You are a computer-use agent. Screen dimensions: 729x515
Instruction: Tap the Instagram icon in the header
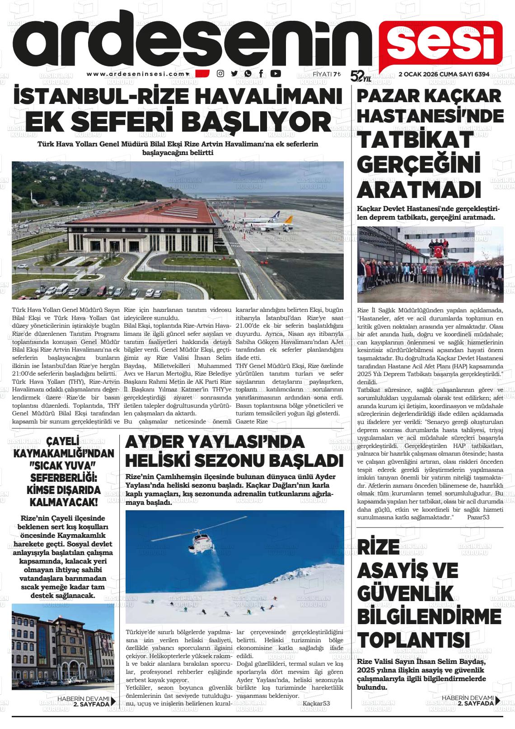220,74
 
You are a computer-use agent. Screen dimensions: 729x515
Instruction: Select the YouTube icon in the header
276,74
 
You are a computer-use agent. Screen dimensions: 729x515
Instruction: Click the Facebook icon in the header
261,74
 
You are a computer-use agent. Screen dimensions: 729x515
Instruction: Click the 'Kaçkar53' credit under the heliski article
316,704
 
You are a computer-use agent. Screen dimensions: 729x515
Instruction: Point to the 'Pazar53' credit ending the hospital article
478,517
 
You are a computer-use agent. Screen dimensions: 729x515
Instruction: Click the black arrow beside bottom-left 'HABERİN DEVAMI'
113,701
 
